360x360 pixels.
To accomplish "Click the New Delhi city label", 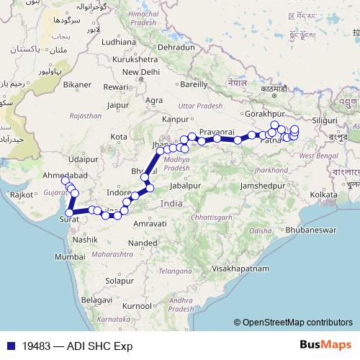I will coord(140,72).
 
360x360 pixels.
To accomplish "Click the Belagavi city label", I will coord(95,299).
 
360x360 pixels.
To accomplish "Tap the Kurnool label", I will coord(138,306).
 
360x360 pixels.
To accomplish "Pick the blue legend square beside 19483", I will coord(7,346).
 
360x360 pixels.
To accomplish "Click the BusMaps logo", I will coord(325,345).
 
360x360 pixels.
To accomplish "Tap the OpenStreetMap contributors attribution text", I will coord(297,322).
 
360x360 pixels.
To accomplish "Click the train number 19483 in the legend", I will coord(36,346).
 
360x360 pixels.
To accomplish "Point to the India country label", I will coord(171,204).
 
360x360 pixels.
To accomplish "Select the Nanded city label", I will coord(143,243).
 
